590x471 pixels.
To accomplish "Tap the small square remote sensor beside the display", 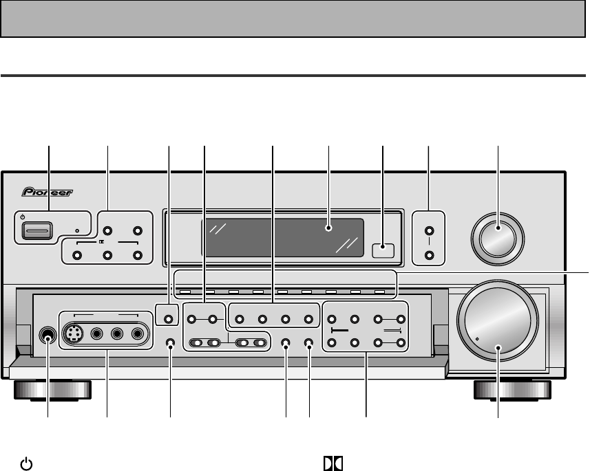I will pos(382,251).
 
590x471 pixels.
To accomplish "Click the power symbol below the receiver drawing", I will pos(25,464).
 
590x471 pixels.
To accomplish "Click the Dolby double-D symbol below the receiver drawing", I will pos(332,464).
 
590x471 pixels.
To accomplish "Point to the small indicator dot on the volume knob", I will pos(476,339).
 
